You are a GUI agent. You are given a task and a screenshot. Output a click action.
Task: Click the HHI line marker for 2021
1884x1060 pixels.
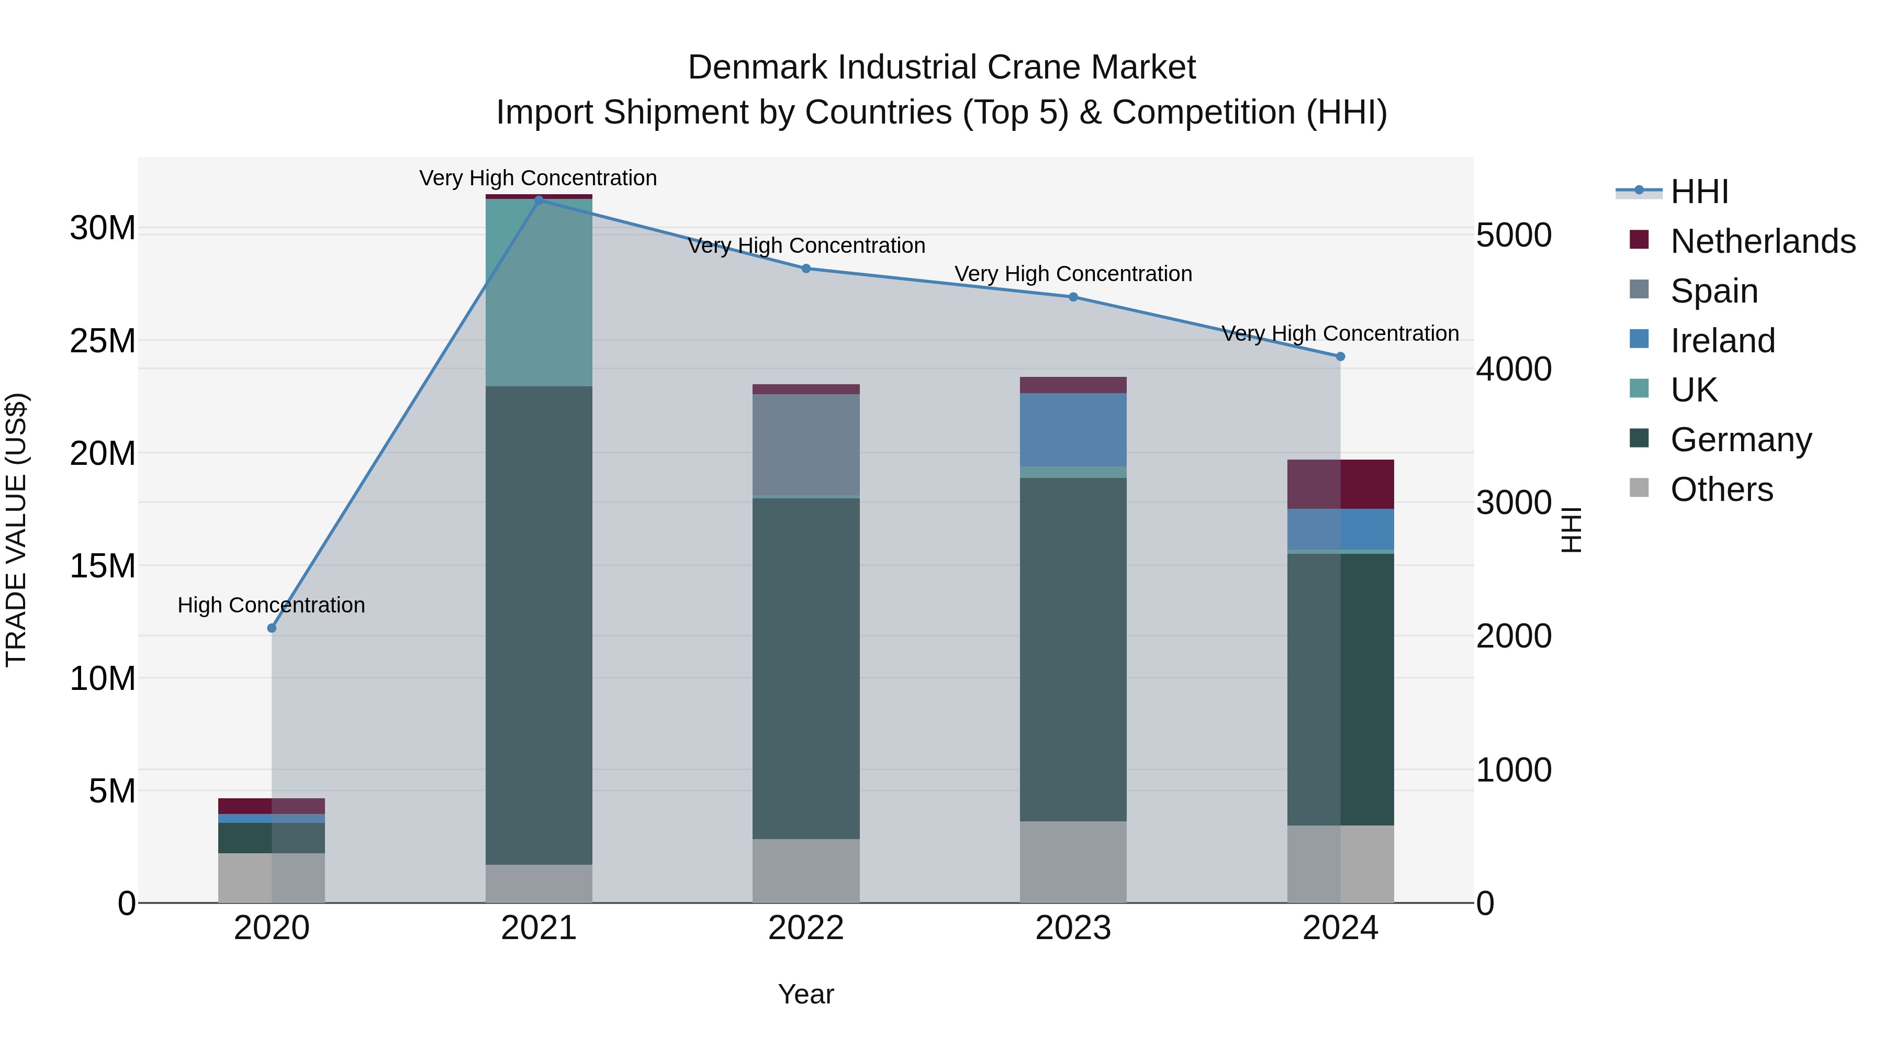tap(539, 200)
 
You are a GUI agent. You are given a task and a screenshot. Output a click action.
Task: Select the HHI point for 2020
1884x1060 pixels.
tap(272, 628)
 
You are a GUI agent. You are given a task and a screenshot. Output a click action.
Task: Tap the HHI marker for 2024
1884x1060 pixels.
tap(1340, 357)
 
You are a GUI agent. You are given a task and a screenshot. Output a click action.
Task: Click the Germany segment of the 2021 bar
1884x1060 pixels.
tap(539, 626)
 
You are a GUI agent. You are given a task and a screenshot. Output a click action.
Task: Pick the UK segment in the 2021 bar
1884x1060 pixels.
tap(539, 293)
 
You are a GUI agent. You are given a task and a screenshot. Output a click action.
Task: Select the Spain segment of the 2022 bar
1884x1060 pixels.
tap(806, 445)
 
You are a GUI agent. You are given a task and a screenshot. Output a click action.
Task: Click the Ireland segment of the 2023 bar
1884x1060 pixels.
tap(1073, 429)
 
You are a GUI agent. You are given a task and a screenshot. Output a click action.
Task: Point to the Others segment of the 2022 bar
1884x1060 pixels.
tap(806, 871)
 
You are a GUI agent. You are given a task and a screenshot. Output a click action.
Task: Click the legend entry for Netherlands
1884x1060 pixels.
tap(1763, 241)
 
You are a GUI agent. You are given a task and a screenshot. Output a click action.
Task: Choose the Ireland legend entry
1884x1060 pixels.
tap(1722, 341)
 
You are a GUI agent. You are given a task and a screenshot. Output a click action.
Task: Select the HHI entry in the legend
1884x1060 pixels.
tap(1699, 192)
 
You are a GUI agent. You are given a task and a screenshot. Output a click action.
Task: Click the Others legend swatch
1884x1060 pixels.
tap(1639, 488)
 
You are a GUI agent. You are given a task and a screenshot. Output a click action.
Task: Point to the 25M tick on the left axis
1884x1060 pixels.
tap(103, 341)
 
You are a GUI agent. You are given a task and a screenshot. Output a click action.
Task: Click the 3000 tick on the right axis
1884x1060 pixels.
tap(1513, 503)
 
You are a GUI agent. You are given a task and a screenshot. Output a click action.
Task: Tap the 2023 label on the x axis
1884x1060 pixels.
tap(1073, 928)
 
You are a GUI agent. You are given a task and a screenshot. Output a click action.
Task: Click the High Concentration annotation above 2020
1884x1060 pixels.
tap(271, 605)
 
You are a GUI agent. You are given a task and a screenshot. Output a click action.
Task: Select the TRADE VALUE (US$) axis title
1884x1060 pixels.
tap(16, 530)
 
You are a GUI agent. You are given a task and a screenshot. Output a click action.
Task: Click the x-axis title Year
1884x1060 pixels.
tap(806, 994)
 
